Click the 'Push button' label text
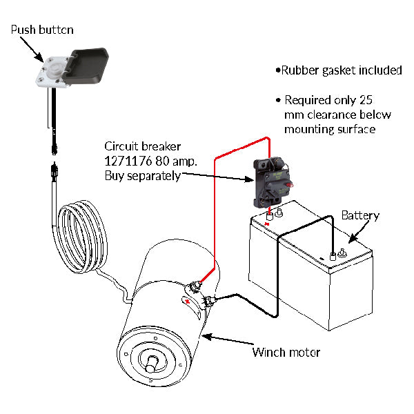(x=42, y=30)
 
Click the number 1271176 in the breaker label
(x=127, y=161)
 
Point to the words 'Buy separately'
(x=142, y=176)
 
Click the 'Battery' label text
(x=360, y=215)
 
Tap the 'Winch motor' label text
(x=286, y=353)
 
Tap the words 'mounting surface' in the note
(x=330, y=129)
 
